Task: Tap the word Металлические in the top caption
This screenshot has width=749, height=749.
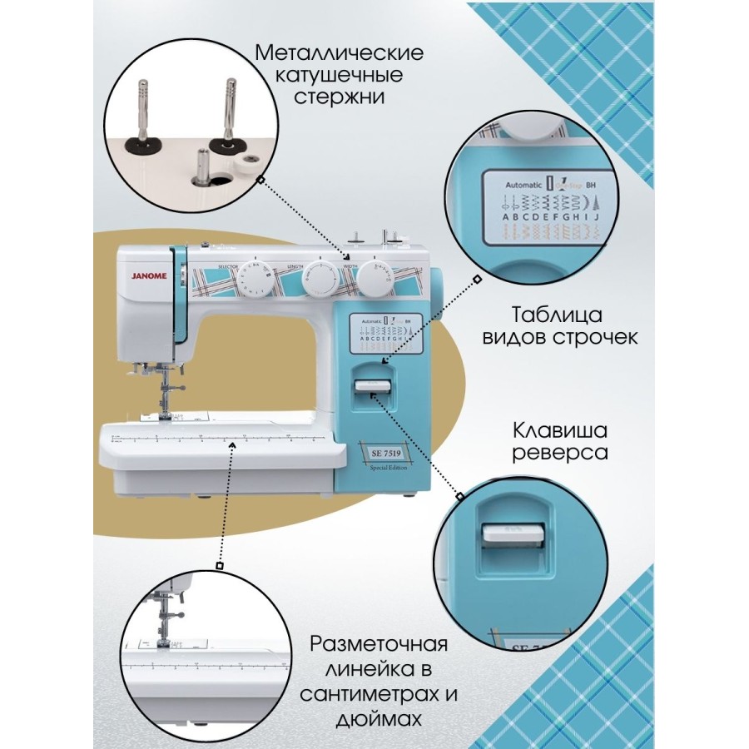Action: pos(339,53)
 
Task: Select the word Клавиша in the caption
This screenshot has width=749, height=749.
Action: pos(559,431)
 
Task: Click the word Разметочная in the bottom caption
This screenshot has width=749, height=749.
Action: pos(379,645)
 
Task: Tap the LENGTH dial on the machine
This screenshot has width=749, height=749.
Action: pos(319,278)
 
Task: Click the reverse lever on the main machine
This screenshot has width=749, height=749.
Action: pos(373,385)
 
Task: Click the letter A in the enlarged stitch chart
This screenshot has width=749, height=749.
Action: pos(504,218)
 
